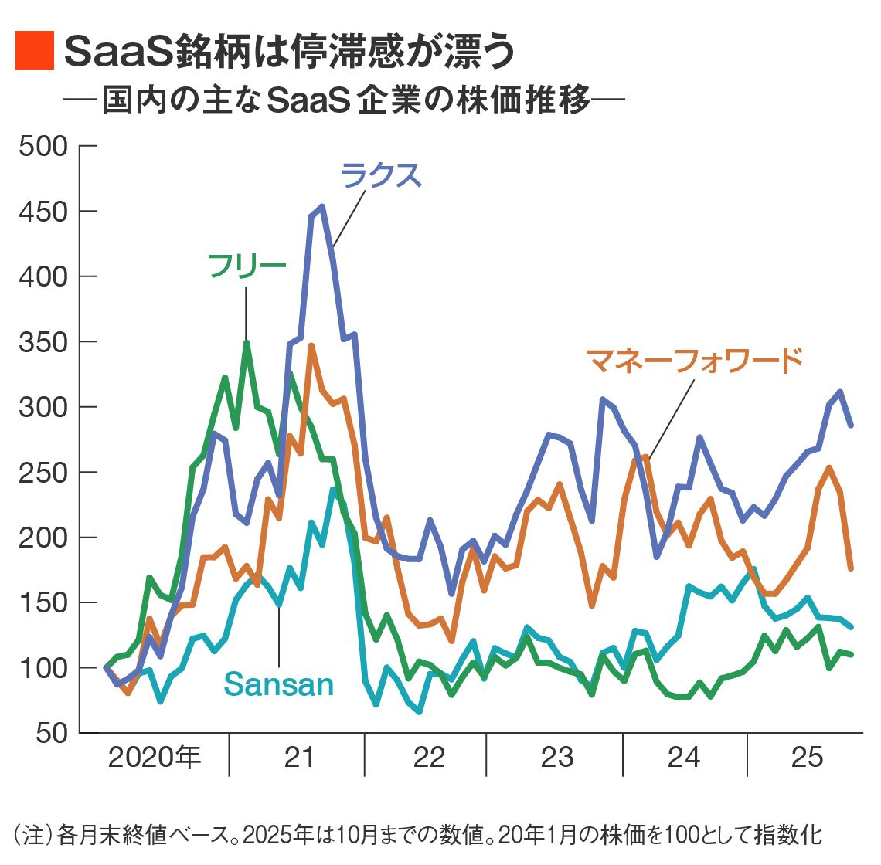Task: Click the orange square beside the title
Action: pyautogui.click(x=35, y=51)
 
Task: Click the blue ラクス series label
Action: pyautogui.click(x=381, y=175)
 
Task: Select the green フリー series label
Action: pyautogui.click(x=247, y=266)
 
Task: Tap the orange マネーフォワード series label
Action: pyautogui.click(x=695, y=360)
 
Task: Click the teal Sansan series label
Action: pyautogui.click(x=278, y=685)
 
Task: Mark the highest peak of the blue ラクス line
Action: pyautogui.click(x=322, y=207)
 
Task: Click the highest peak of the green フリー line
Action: pyautogui.click(x=247, y=342)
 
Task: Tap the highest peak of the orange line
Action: pyautogui.click(x=311, y=346)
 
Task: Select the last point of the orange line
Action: pyautogui.click(x=851, y=568)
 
